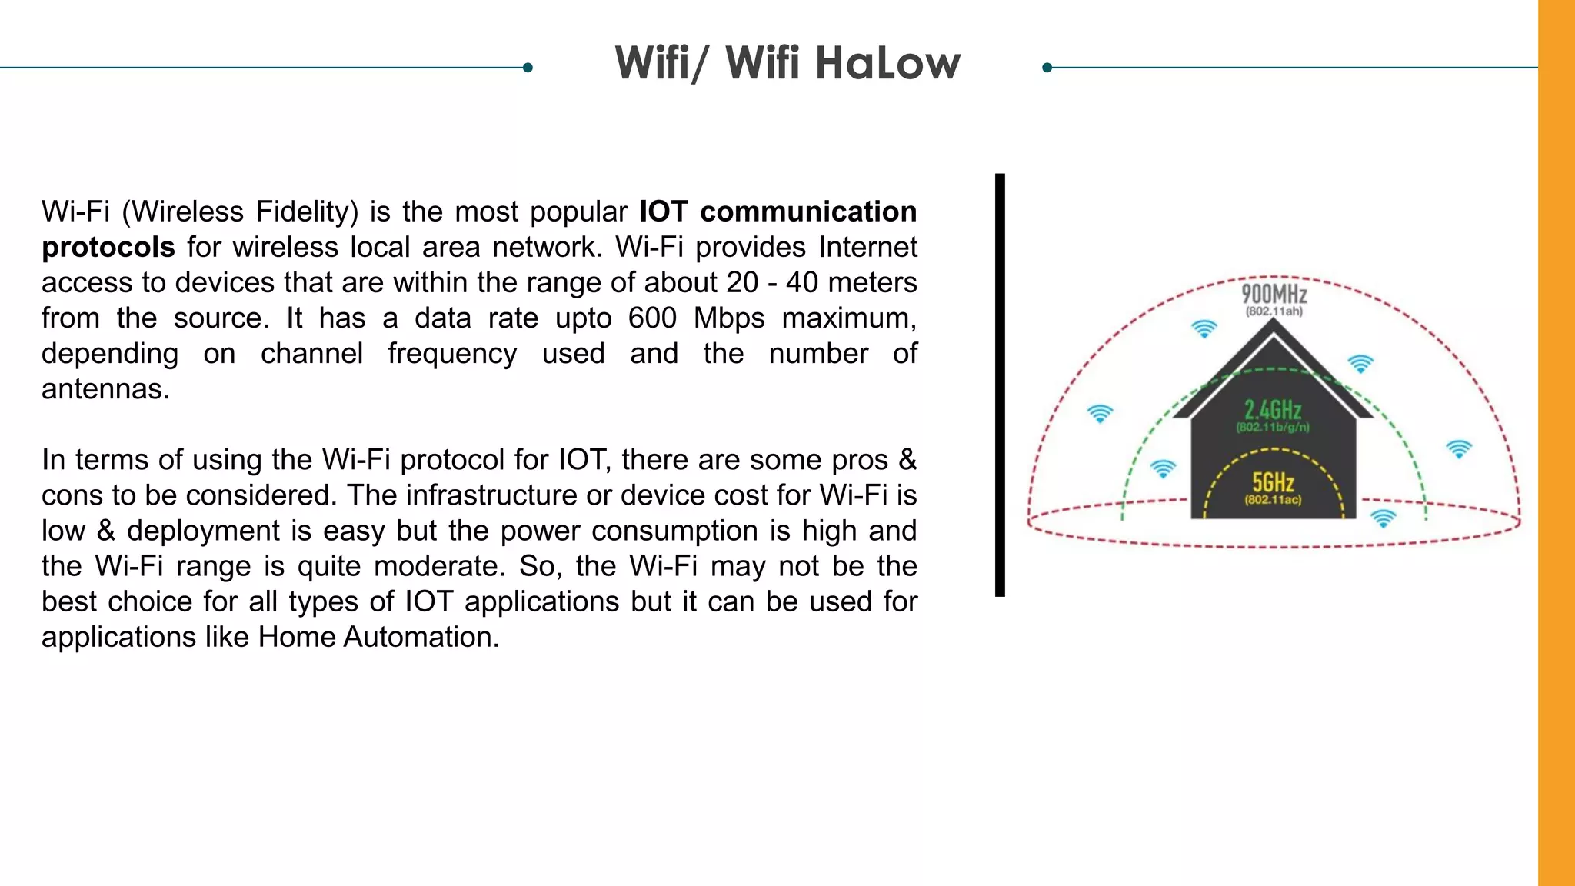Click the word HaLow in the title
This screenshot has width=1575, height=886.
pyautogui.click(x=887, y=63)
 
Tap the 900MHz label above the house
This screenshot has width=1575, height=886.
pyautogui.click(x=1274, y=294)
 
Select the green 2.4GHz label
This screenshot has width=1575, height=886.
pyautogui.click(x=1273, y=409)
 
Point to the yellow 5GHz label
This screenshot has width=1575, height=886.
pyautogui.click(x=1274, y=482)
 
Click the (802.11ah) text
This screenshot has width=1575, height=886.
pyautogui.click(x=1274, y=311)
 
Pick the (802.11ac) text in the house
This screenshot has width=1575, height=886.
pyautogui.click(x=1274, y=500)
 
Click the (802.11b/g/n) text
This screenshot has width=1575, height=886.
pyautogui.click(x=1273, y=427)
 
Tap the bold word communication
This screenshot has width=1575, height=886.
pyautogui.click(x=807, y=212)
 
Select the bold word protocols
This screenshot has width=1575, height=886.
pyautogui.click(x=108, y=247)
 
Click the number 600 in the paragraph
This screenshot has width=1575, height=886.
pyautogui.click(x=652, y=318)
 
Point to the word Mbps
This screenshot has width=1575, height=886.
pyautogui.click(x=729, y=318)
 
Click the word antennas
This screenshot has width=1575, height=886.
pyautogui.click(x=105, y=389)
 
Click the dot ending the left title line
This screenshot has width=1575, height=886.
pyautogui.click(x=528, y=68)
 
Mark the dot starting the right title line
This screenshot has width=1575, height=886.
pyautogui.click(x=1047, y=68)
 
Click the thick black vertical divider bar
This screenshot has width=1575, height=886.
pyautogui.click(x=1000, y=385)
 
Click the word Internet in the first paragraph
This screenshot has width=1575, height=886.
pyautogui.click(x=867, y=247)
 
